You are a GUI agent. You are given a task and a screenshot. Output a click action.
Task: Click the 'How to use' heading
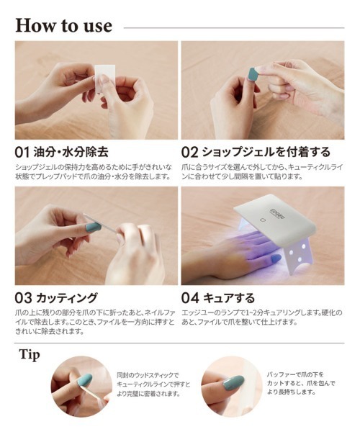point(63,25)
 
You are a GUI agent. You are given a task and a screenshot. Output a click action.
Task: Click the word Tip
point(30,355)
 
